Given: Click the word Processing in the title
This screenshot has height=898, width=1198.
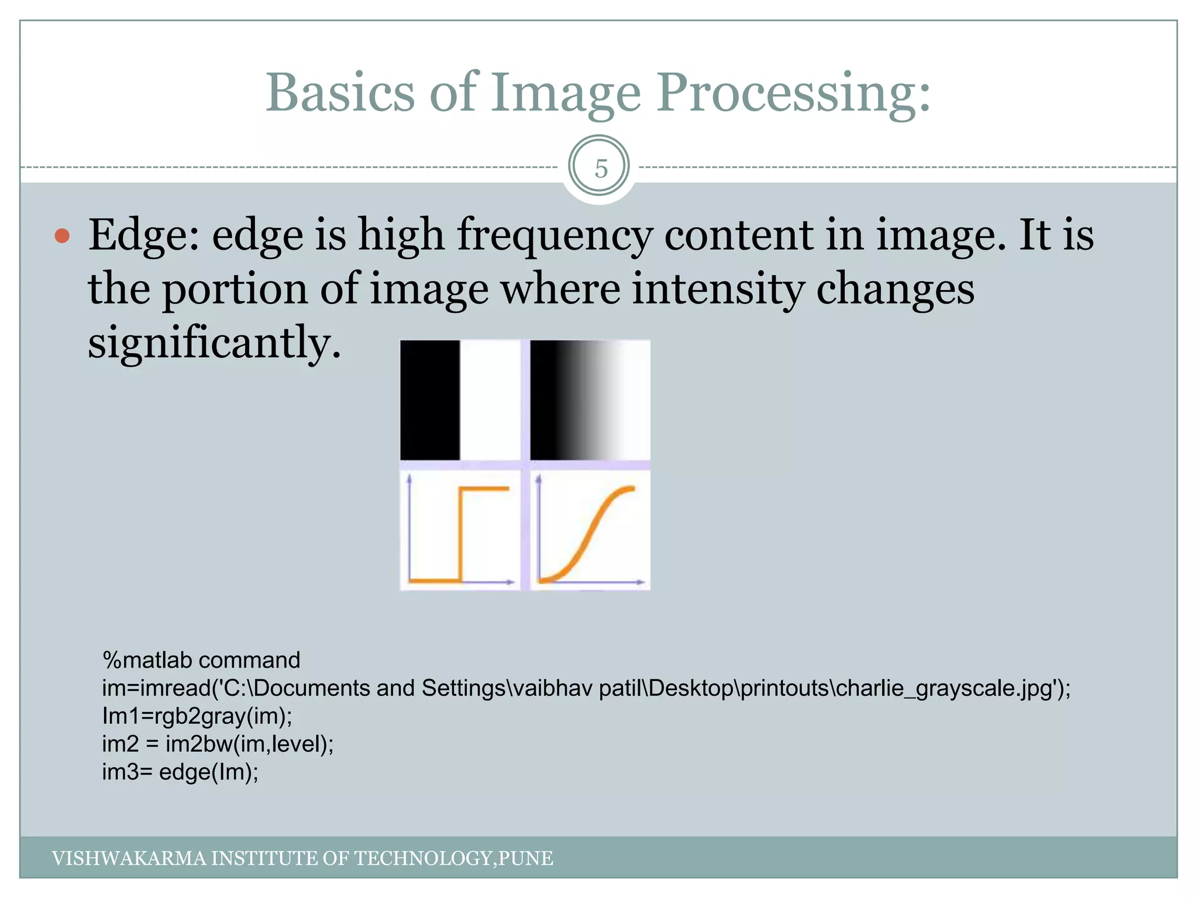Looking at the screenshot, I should coord(793,93).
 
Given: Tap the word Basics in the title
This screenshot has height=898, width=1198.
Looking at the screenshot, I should coord(340,93).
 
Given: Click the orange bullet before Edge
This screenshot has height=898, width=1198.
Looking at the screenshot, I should coord(62,236).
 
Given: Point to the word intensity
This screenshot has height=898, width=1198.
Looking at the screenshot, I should coord(717,289).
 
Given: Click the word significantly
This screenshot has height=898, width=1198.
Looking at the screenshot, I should coord(214,343).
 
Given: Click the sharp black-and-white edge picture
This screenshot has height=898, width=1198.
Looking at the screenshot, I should coord(460,400).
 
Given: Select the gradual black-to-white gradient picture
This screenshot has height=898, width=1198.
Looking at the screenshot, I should coord(590,400).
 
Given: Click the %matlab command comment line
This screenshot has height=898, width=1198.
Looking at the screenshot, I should coord(201,660).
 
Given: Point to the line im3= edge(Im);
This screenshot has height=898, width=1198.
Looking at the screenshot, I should coord(180,772).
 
